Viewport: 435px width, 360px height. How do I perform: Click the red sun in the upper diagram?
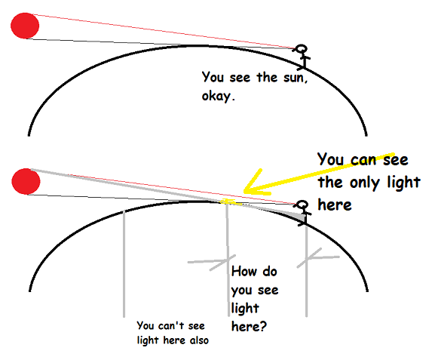tap(25, 26)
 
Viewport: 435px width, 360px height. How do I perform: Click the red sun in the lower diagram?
tap(26, 181)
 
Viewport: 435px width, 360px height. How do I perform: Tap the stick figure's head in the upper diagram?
tap(302, 49)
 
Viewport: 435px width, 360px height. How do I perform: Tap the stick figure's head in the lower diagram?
tap(302, 205)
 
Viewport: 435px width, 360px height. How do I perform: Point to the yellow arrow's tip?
tap(244, 192)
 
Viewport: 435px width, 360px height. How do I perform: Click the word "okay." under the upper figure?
tap(219, 96)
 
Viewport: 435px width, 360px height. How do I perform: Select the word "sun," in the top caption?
tap(296, 78)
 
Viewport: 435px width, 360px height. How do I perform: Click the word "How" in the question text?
tap(244, 271)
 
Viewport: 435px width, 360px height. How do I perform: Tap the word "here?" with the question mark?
tap(249, 326)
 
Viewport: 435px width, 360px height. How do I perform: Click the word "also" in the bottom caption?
tap(199, 340)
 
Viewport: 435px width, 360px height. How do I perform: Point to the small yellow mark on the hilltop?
tap(228, 201)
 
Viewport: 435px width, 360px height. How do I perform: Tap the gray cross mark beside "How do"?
tap(212, 262)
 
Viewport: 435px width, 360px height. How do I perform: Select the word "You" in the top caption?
tap(213, 77)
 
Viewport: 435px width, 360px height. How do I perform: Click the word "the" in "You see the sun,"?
tap(267, 77)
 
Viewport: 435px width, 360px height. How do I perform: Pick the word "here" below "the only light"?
tap(335, 205)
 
